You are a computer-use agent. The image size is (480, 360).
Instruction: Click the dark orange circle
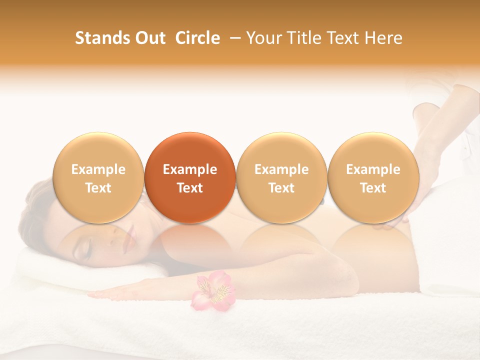190,177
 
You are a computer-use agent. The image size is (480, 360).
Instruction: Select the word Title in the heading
299,38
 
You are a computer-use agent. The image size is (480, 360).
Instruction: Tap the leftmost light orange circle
98,177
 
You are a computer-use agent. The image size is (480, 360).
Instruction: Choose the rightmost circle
373,177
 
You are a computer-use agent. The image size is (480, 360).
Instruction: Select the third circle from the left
281,177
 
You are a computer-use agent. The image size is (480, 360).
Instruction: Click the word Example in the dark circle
190,169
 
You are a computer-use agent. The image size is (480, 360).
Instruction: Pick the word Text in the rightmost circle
373,188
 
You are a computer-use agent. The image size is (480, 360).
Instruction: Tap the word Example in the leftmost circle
98,169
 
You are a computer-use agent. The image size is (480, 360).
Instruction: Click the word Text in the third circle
281,188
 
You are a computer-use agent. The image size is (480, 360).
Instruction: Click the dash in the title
233,38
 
